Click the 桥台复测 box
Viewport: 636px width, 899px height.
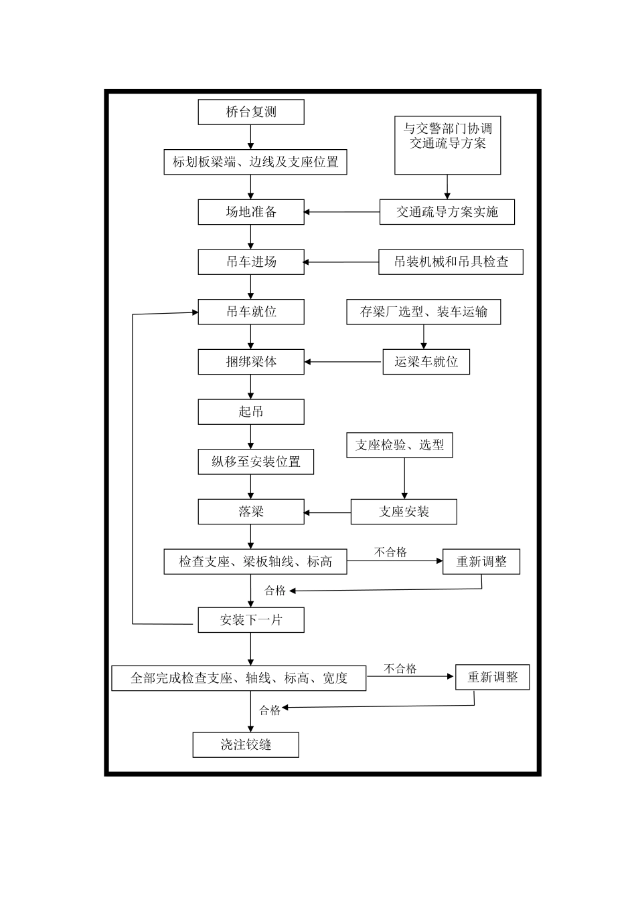point(251,112)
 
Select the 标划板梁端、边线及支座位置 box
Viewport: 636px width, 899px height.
point(255,162)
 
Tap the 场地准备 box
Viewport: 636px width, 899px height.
point(251,212)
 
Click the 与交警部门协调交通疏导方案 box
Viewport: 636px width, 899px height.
point(447,144)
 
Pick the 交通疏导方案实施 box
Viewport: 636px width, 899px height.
point(447,212)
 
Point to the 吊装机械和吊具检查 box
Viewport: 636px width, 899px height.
point(451,262)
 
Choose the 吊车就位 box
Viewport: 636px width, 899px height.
point(251,312)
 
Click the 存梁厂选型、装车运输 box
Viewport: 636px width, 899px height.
point(423,312)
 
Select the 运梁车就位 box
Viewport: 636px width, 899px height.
point(426,362)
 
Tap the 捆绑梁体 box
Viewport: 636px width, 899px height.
point(251,362)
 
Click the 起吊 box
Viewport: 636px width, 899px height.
point(251,412)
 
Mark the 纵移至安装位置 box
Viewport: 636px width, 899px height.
point(256,462)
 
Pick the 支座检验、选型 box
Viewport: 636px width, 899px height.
point(399,445)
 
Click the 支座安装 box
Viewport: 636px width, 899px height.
point(404,512)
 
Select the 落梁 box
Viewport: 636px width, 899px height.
point(251,512)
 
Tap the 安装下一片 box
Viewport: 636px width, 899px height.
point(251,620)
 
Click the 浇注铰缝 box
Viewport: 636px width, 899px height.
point(246,744)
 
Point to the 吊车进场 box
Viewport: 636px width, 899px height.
point(251,262)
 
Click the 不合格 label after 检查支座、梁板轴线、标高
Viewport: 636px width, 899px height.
point(390,553)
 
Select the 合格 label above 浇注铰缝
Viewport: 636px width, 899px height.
point(270,710)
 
